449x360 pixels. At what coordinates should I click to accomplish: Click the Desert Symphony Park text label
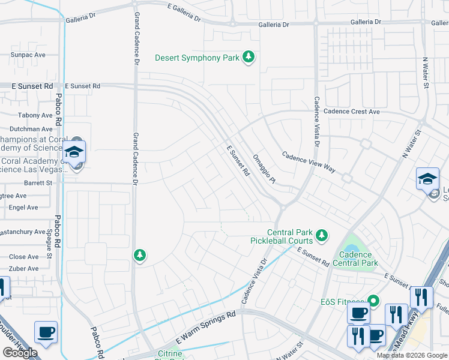pos(197,58)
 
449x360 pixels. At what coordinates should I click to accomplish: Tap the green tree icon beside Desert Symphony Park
pos(249,58)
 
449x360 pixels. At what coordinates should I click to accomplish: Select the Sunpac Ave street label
pos(28,55)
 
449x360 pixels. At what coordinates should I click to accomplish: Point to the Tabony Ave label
pos(35,115)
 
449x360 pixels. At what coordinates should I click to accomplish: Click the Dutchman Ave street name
pos(31,129)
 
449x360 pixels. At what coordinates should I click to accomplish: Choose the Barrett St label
pos(38,182)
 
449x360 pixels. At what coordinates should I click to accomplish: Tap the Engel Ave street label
pos(23,208)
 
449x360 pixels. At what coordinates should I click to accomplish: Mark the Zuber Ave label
pos(23,268)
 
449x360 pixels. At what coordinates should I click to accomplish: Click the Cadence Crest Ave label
pos(352,112)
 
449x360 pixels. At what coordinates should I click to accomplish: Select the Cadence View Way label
pos(309,161)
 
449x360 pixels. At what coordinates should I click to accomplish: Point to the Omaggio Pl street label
pos(264,169)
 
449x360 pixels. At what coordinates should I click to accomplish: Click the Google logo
pos(20,353)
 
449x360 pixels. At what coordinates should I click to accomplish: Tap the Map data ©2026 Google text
pos(412,355)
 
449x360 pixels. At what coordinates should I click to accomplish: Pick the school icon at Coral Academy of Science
pos(75,152)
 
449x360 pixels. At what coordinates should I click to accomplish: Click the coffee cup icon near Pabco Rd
pos(46,332)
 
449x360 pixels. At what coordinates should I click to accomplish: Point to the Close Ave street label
pos(24,257)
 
